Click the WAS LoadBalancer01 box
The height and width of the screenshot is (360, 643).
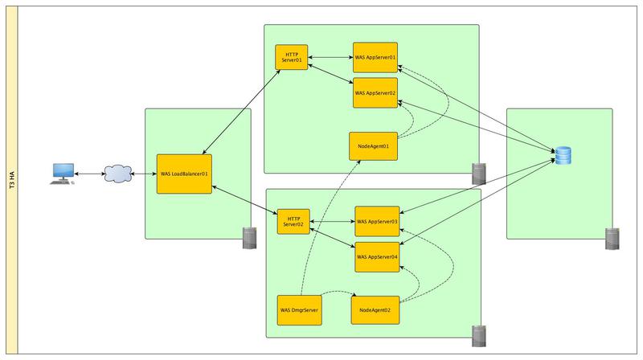point(184,174)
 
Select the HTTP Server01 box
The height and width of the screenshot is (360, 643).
point(292,58)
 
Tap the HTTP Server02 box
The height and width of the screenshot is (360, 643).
point(293,222)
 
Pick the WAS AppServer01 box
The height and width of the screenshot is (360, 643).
point(375,58)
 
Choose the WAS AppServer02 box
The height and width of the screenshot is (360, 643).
point(375,93)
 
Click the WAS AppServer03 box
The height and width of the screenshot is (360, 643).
point(377,221)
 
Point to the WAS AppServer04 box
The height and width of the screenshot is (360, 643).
point(377,256)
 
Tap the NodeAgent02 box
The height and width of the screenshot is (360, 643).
point(375,309)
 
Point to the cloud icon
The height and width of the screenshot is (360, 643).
point(117,174)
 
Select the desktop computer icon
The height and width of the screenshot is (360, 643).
point(61,173)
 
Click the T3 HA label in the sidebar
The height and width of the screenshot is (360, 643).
point(11,180)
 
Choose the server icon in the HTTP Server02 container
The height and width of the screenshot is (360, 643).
point(478,333)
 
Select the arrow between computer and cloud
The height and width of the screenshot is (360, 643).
point(88,174)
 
